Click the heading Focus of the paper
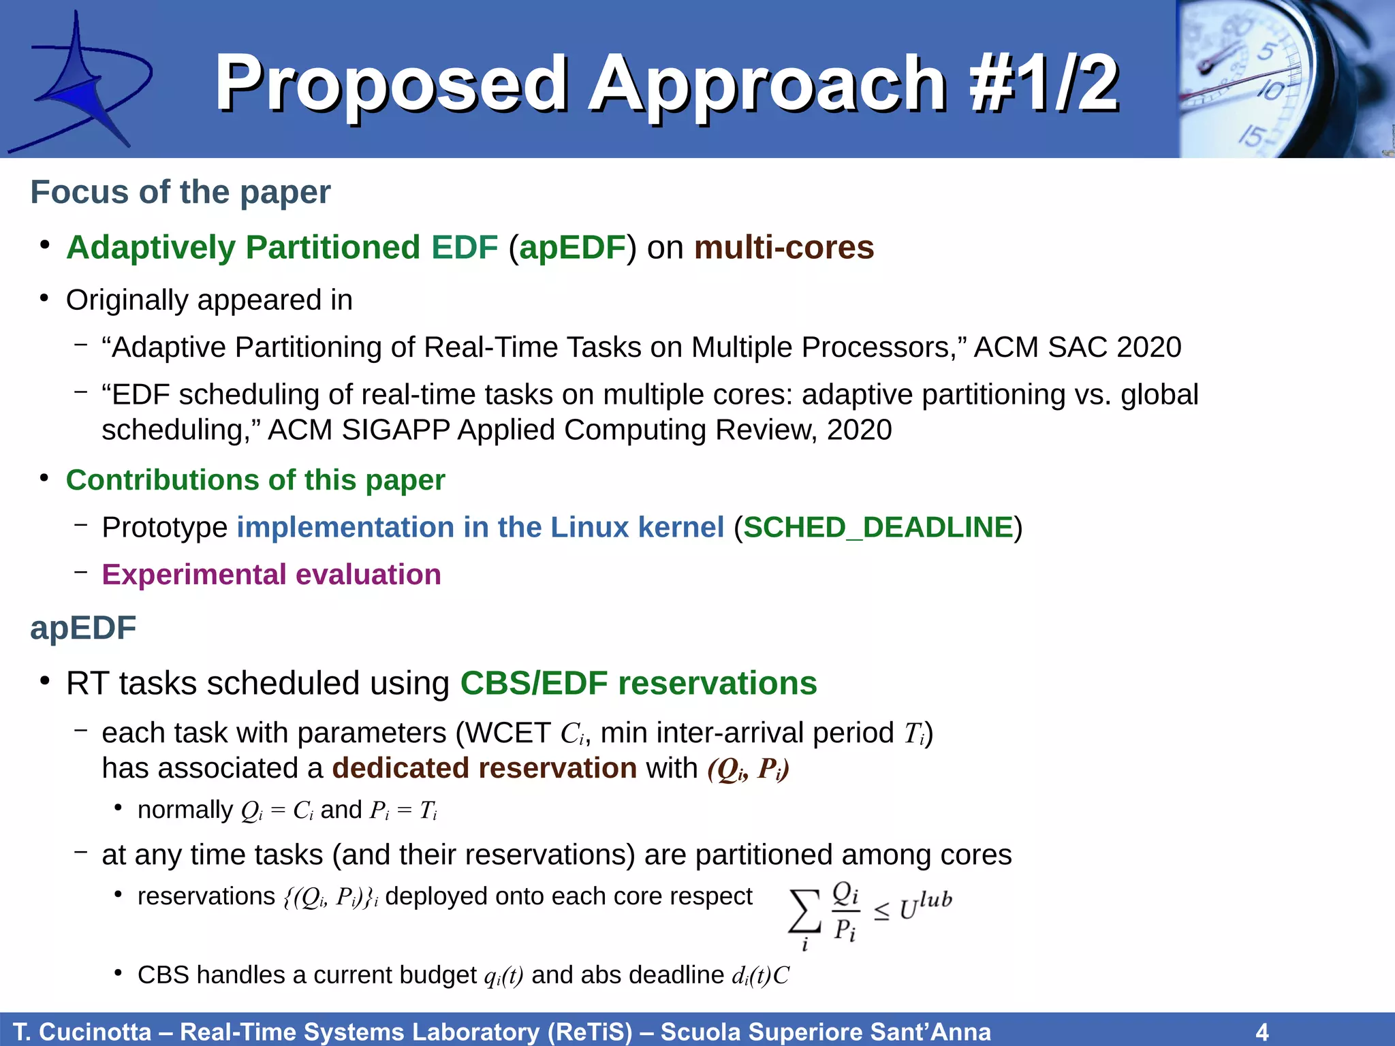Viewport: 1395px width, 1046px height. click(x=181, y=192)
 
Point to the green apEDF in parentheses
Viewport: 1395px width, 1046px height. click(x=572, y=247)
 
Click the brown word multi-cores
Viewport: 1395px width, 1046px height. click(x=784, y=247)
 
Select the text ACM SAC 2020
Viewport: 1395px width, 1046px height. click(x=1078, y=347)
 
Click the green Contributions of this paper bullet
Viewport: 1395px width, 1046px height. click(x=255, y=480)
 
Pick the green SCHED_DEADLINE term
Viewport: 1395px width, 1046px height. click(x=878, y=527)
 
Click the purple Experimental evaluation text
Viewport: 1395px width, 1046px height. click(x=271, y=575)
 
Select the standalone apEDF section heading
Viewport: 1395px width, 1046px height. click(x=83, y=628)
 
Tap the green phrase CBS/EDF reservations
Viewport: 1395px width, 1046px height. click(x=638, y=683)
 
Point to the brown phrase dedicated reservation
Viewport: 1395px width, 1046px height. click(x=484, y=768)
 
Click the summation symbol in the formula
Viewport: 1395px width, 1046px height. click(x=804, y=913)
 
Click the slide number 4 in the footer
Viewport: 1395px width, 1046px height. click(x=1261, y=1032)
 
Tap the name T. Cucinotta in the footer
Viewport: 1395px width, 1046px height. click(x=82, y=1032)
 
